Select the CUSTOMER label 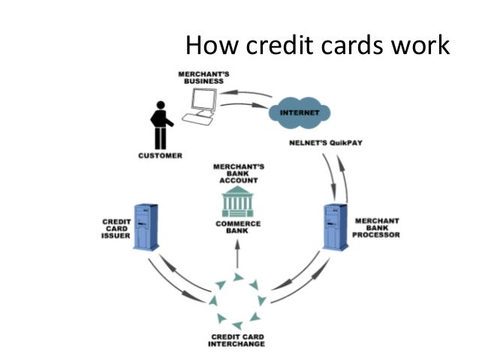pyautogui.click(x=160, y=157)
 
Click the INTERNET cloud pyautogui.click(x=299, y=113)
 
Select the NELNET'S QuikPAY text pyautogui.click(x=324, y=142)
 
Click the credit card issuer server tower pyautogui.click(x=146, y=225)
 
